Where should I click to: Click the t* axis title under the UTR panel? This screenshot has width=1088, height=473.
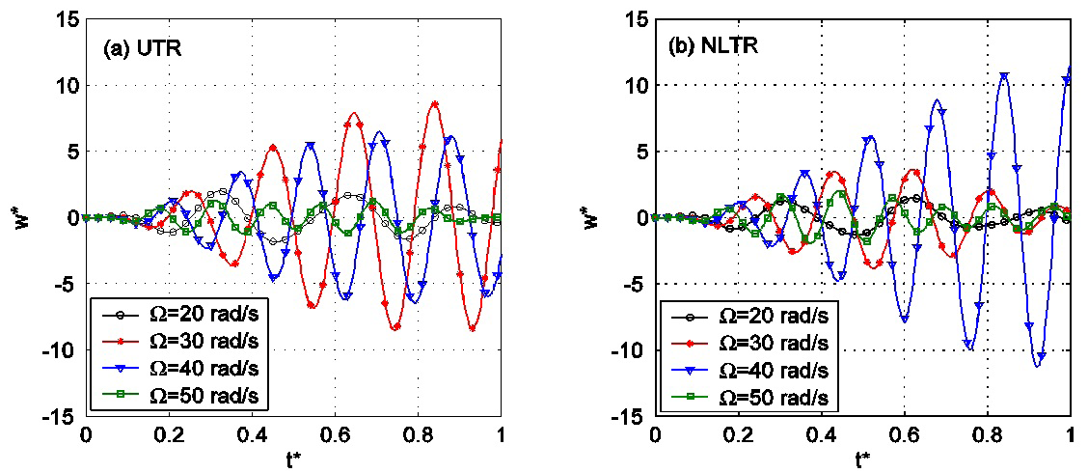click(x=292, y=459)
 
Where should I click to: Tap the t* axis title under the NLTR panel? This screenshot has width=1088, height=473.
click(x=862, y=459)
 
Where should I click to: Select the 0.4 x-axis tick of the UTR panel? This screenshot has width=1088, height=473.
click(x=252, y=433)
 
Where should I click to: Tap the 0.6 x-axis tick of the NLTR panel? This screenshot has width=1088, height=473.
click(x=904, y=433)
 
